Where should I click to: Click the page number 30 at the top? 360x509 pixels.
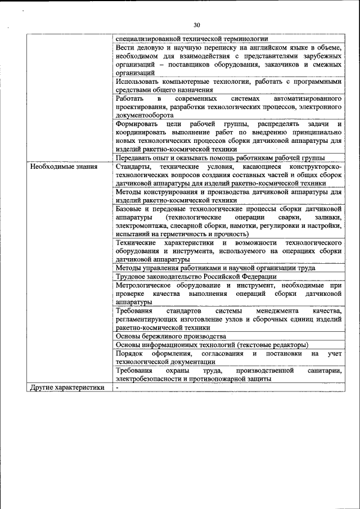point(196,25)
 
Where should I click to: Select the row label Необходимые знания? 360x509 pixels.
point(64,167)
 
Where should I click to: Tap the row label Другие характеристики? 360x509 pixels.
point(67,388)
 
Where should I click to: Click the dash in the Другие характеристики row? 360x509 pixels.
point(117,388)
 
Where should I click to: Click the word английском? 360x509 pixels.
point(254,48)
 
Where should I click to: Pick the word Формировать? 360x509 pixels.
point(136,124)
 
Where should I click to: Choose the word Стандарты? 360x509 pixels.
point(133,167)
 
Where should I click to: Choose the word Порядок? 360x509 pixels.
point(130,353)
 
